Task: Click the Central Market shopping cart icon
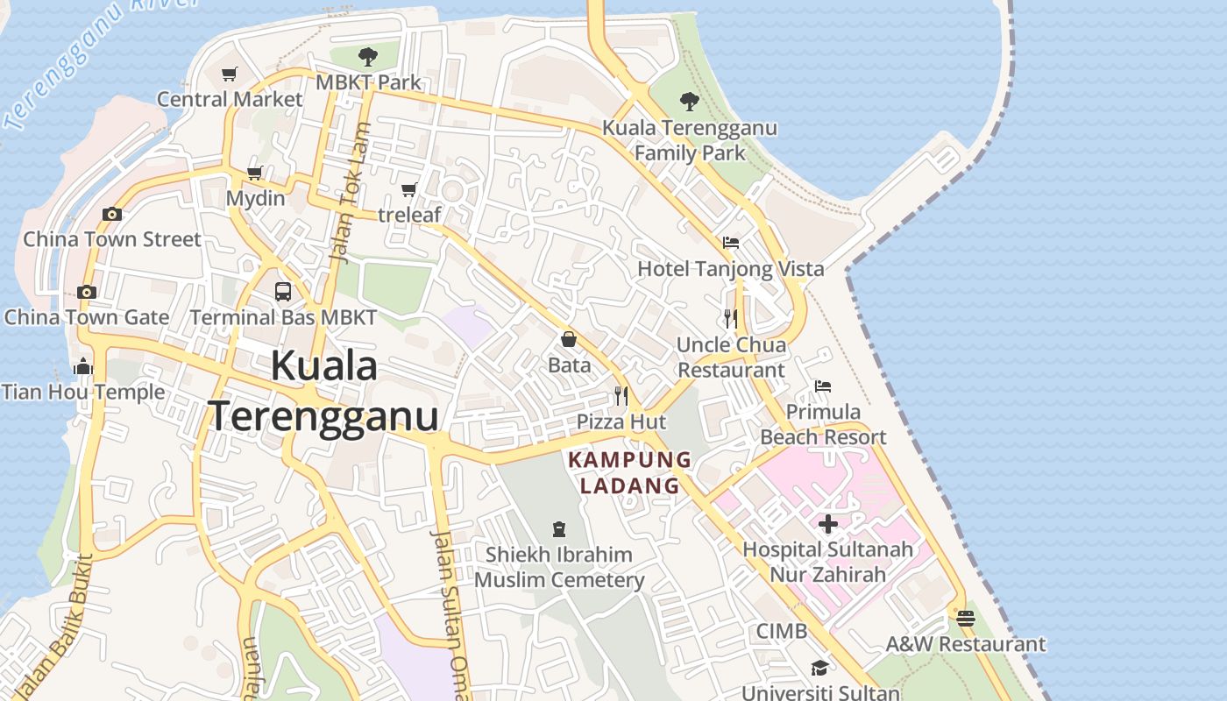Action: (x=230, y=74)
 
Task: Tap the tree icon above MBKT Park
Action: (x=368, y=57)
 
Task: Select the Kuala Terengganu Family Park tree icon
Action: (x=690, y=102)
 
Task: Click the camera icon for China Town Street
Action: (x=111, y=214)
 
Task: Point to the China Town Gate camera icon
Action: (x=86, y=292)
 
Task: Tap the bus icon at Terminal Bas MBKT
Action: (x=283, y=292)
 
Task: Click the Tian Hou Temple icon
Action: (x=83, y=366)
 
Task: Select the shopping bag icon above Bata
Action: (x=569, y=339)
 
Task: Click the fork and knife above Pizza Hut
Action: (x=621, y=396)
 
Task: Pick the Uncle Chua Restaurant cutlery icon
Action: (x=731, y=319)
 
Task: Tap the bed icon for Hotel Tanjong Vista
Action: (x=731, y=243)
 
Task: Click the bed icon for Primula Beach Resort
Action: (x=822, y=386)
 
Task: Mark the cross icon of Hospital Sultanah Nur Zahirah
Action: (x=827, y=524)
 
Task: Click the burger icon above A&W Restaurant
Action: (x=966, y=618)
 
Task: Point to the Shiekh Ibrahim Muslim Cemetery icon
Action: (x=559, y=528)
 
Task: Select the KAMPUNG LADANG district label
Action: (x=630, y=472)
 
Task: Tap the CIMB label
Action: (x=782, y=631)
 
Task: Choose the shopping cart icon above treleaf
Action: (x=409, y=189)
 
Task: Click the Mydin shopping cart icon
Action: (x=255, y=173)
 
